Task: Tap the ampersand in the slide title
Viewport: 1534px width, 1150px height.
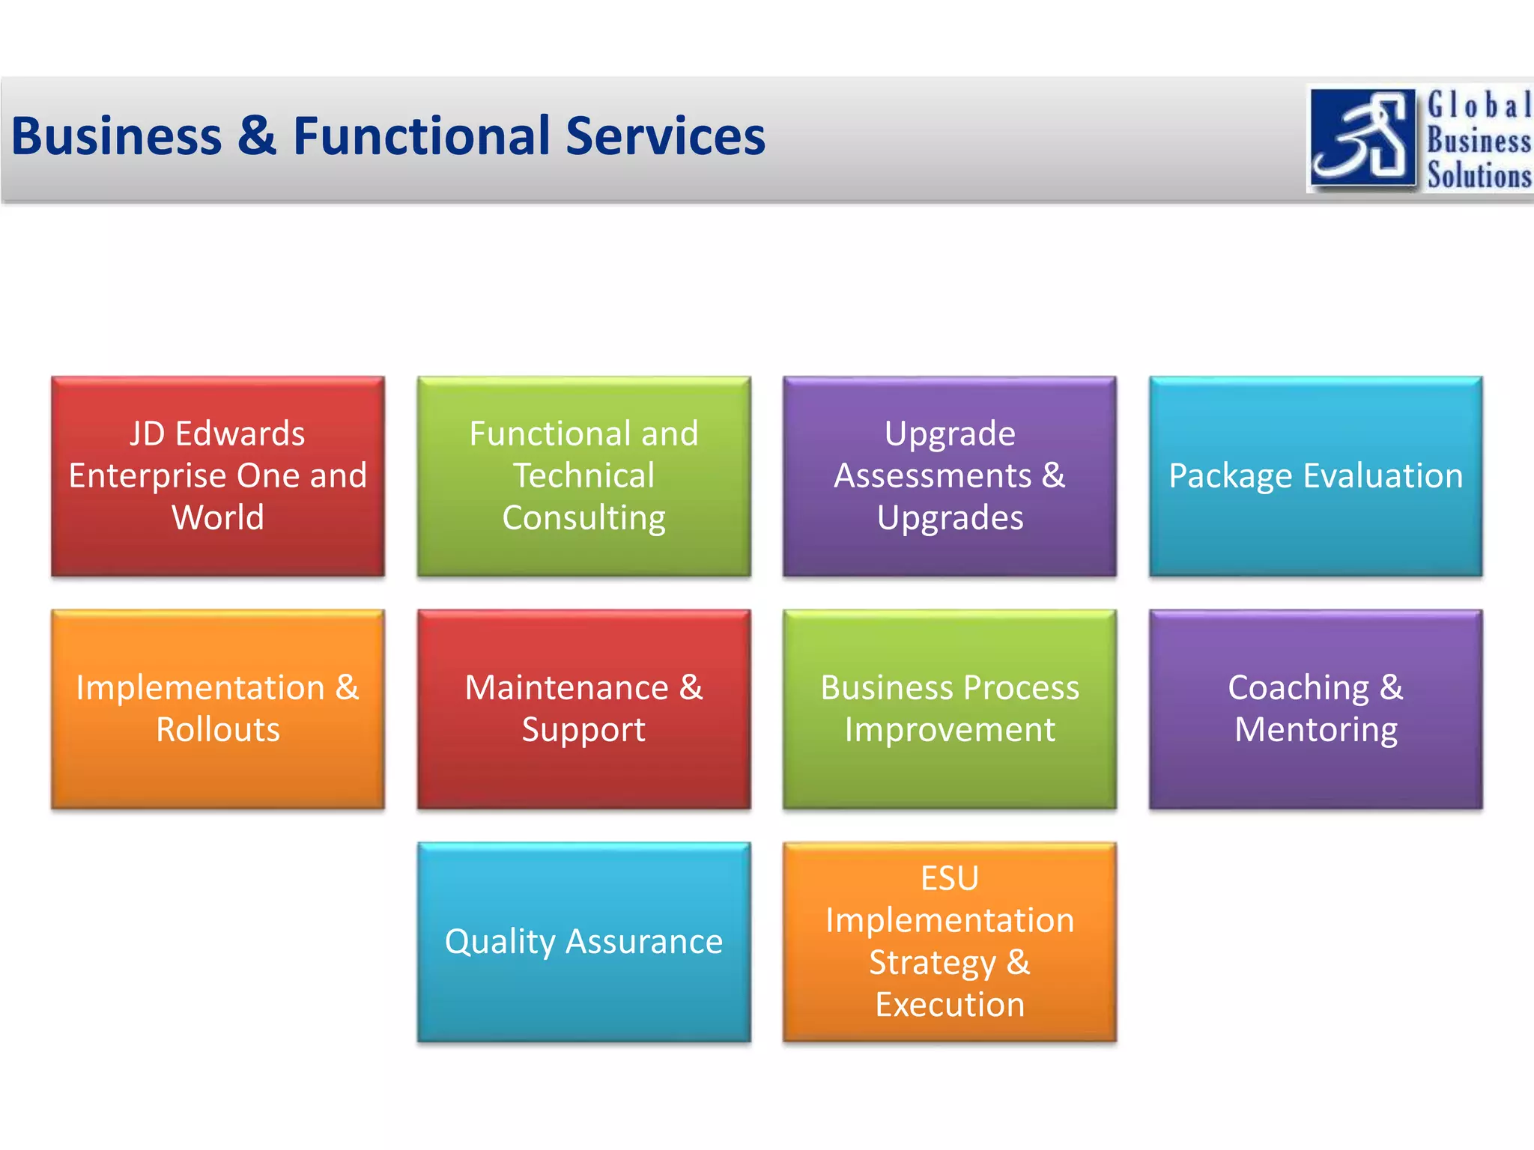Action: click(257, 136)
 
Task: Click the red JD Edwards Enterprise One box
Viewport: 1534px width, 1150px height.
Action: click(218, 476)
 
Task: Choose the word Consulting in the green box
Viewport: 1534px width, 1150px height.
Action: click(583, 518)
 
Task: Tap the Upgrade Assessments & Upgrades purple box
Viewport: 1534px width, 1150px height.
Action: click(949, 476)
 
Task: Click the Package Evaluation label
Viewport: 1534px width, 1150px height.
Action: click(1315, 476)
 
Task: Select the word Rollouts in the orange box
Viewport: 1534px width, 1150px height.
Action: click(218, 730)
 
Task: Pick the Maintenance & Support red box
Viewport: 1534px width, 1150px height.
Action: click(583, 709)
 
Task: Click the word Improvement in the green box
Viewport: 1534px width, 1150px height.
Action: click(950, 730)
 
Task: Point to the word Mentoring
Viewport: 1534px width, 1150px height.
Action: click(1315, 730)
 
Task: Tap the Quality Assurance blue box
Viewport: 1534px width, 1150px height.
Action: click(583, 942)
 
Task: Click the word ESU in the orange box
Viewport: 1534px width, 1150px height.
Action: click(950, 878)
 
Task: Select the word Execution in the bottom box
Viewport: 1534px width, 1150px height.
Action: click(950, 1005)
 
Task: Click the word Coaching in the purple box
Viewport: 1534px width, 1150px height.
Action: click(1298, 688)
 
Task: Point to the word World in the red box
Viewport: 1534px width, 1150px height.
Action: click(218, 518)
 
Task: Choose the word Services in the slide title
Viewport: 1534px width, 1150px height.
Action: click(665, 136)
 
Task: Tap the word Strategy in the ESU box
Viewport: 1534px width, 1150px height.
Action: click(932, 963)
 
